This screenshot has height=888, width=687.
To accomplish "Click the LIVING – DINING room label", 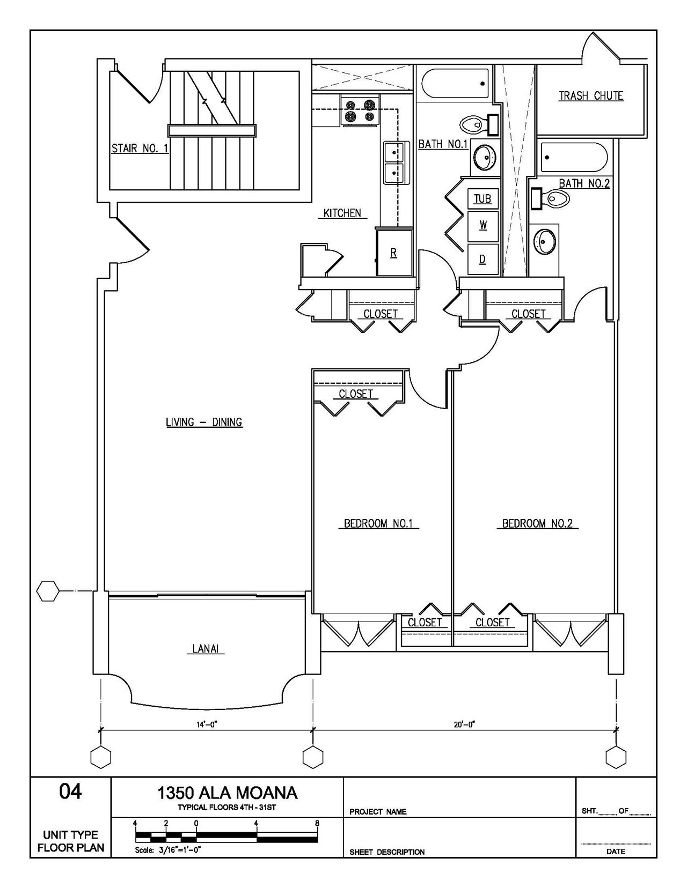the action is click(x=204, y=422).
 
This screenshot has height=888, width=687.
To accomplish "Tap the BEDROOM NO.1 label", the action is click(x=378, y=523).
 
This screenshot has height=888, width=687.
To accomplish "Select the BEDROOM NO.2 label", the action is click(x=537, y=523).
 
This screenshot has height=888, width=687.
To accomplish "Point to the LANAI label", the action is click(x=205, y=648).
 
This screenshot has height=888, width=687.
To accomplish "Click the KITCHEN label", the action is click(x=342, y=213).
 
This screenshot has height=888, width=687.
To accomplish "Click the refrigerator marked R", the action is click(x=394, y=253).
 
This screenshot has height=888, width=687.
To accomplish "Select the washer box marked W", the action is click(x=483, y=226).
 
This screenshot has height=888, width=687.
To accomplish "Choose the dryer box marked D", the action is click(x=483, y=260).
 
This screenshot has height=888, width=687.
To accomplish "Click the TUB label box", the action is click(x=483, y=198).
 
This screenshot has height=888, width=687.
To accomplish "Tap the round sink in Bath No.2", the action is click(x=545, y=241).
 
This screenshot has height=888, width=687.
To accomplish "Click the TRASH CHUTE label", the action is click(x=591, y=96).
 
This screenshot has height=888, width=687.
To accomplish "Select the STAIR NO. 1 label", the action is click(x=140, y=148).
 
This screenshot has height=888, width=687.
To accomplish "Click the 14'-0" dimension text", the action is click(x=207, y=724).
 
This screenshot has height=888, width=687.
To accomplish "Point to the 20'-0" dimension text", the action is click(x=465, y=724).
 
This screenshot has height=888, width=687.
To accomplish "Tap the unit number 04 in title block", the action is click(x=70, y=791).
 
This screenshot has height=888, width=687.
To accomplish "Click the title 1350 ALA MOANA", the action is click(x=228, y=793).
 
